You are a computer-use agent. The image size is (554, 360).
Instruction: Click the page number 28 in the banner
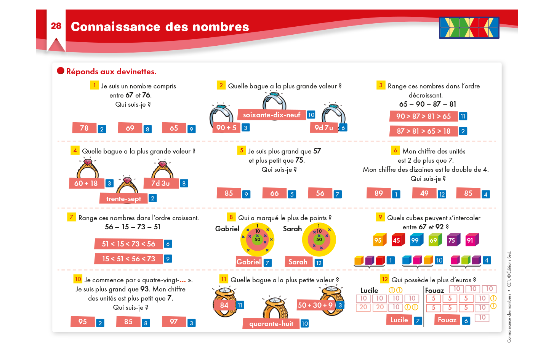click(56, 26)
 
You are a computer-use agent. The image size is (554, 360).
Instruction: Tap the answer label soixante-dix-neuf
click(272, 115)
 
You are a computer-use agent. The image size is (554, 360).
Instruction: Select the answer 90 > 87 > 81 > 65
click(423, 116)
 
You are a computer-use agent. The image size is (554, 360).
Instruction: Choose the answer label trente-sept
click(123, 198)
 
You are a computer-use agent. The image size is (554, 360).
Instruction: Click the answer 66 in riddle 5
click(274, 193)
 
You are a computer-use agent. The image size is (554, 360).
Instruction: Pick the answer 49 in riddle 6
click(424, 193)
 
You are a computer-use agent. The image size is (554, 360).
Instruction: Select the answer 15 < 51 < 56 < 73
click(129, 259)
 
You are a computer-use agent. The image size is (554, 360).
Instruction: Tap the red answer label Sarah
click(298, 262)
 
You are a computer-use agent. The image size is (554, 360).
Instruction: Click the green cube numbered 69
click(435, 240)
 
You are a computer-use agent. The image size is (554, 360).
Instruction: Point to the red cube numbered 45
click(398, 240)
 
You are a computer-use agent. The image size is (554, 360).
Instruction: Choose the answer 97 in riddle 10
click(174, 322)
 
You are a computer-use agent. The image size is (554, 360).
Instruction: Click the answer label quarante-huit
click(271, 323)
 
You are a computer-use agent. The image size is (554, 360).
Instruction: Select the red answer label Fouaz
click(447, 320)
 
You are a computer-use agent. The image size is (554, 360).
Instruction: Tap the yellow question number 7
click(72, 217)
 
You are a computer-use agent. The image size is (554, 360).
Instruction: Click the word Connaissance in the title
click(115, 27)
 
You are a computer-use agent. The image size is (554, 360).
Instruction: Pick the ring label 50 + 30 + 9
click(315, 305)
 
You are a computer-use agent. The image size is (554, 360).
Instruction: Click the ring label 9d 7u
click(324, 128)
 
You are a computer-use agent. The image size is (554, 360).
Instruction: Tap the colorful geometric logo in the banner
click(469, 28)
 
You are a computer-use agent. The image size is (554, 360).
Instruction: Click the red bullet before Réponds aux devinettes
click(61, 71)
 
